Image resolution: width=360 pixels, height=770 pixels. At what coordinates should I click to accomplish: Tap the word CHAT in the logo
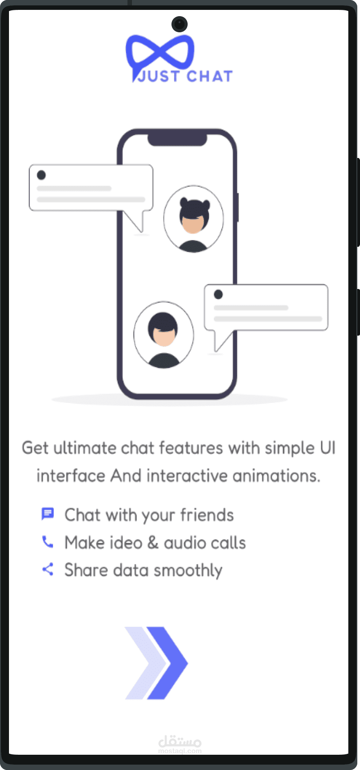(210, 76)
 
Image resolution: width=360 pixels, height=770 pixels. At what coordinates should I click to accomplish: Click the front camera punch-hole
(180, 24)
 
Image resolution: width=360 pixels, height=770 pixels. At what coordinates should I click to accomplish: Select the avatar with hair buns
(193, 219)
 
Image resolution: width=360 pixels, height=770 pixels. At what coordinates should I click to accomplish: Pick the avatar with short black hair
(163, 335)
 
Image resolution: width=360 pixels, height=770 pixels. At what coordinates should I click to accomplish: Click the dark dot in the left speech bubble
(41, 175)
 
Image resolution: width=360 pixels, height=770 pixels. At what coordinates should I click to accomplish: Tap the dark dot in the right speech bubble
(218, 294)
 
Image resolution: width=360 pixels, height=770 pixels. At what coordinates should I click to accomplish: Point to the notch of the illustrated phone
(177, 140)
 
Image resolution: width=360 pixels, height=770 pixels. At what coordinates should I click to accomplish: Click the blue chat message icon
(48, 514)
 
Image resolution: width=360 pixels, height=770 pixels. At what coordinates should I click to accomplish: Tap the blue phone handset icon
(48, 542)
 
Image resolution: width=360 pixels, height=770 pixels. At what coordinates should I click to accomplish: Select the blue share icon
(48, 569)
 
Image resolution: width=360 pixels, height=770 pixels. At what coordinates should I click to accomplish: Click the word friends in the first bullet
(207, 515)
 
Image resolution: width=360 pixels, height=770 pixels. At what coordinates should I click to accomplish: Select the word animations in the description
(276, 476)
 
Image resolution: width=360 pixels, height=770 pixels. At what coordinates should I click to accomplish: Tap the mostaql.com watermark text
(180, 751)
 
